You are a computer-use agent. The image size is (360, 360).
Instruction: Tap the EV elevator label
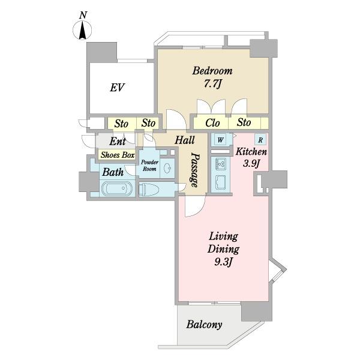coord(117,88)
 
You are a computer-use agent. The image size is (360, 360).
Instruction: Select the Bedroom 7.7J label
coord(212,77)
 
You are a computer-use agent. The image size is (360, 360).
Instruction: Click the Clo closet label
coord(212,123)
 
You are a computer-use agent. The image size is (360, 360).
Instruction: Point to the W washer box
coord(220,139)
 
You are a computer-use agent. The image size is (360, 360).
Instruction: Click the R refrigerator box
coord(260,140)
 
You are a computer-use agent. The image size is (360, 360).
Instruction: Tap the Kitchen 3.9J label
coord(251,158)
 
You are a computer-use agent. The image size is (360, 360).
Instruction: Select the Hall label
coord(185,140)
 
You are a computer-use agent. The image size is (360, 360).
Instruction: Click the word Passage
coord(195,170)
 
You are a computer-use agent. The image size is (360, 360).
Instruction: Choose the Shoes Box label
coord(118,155)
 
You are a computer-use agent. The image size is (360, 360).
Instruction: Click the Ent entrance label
coord(118,141)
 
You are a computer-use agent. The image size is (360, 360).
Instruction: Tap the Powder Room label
coord(149,166)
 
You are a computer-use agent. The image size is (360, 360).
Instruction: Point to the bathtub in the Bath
coord(116,188)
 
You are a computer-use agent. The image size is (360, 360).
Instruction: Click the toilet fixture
coord(149,190)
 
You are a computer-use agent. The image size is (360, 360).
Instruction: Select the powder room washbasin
coord(167,169)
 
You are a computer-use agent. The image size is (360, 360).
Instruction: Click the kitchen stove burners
coord(221,164)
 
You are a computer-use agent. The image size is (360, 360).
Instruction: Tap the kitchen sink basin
coord(220,183)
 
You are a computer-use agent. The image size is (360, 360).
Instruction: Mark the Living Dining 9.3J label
coord(223,250)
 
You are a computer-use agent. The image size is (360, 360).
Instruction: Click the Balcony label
coord(204,325)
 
